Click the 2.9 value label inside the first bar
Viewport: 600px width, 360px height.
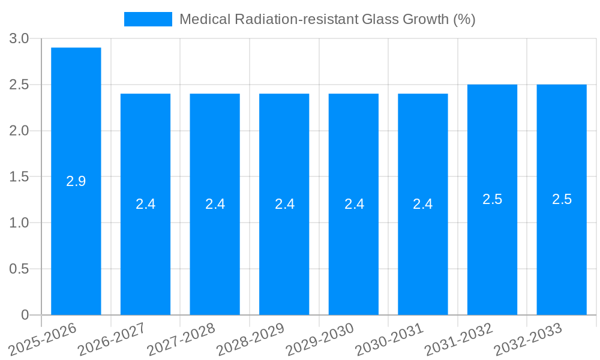pos(76,181)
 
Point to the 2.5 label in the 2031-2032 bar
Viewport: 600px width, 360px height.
pos(492,199)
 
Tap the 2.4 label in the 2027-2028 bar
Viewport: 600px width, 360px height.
pos(215,204)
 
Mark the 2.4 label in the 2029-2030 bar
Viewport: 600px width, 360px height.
pos(354,204)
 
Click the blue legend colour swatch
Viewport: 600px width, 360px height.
pos(148,19)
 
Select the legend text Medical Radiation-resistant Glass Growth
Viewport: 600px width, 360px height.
pos(327,19)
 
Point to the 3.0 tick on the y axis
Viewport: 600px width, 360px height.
pos(19,38)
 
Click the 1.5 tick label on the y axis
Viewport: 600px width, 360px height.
pos(19,176)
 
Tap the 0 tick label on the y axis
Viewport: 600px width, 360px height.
pos(25,315)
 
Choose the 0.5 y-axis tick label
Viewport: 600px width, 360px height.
pos(19,269)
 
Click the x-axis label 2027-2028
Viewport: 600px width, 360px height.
pos(181,339)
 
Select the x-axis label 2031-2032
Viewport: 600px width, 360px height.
pos(459,339)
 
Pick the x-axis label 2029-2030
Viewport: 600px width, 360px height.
pos(320,339)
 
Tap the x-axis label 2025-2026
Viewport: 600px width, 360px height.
pos(43,339)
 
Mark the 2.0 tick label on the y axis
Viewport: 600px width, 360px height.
pos(19,131)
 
